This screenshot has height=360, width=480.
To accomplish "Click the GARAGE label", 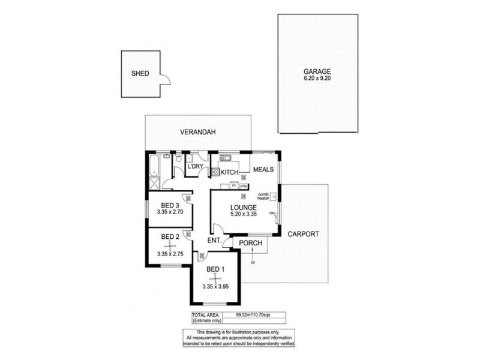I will pos(317,70).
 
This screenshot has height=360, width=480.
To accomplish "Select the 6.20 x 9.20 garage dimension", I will pos(317,78).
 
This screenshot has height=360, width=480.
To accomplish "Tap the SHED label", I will pos(140,74).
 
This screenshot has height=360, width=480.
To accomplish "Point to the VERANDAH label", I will pos(199,132).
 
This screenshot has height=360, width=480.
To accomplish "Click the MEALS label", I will pos(263,170).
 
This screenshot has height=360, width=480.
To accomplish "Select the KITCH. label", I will pos(230,173).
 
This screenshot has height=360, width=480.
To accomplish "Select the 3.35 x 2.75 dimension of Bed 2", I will pos(170,254).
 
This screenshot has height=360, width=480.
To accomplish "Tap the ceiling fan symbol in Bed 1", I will pos(215,277).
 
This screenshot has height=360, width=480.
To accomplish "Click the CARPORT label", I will pos(303,234).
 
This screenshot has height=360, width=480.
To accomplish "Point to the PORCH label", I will pos(249,243).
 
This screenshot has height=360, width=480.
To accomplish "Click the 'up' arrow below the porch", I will pos(252,257).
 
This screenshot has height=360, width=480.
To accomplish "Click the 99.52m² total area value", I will pos(248,314).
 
